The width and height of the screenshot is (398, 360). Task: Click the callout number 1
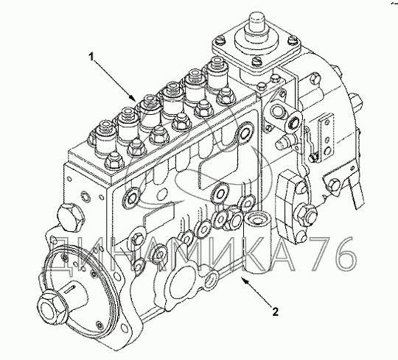(x=91, y=57)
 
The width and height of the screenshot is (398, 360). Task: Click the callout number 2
(x=275, y=311)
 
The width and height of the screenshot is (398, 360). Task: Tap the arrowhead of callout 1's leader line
(x=132, y=98)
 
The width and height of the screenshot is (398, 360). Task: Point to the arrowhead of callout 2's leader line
(x=243, y=280)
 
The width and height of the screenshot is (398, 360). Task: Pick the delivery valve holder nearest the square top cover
(x=217, y=73)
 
